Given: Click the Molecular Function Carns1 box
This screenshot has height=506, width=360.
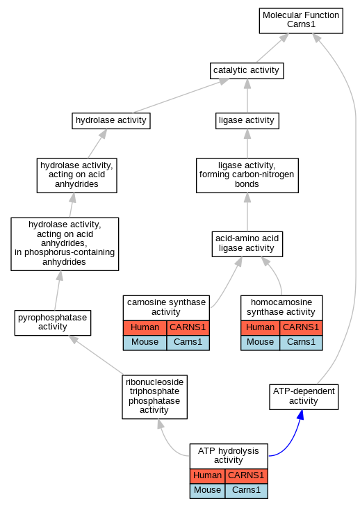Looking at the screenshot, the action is [x=301, y=21].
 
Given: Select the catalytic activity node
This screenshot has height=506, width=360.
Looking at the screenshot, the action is [x=247, y=71].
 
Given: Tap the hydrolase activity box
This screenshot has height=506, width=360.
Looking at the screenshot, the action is [x=111, y=121].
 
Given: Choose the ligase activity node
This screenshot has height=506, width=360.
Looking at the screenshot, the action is [x=247, y=121].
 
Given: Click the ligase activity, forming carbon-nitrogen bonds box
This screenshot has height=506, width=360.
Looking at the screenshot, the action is [x=247, y=176].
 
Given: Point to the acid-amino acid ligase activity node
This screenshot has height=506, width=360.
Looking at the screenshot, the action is [x=247, y=244].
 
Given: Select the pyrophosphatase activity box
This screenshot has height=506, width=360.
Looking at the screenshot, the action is [x=53, y=323].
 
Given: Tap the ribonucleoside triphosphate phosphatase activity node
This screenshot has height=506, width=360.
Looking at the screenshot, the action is [x=154, y=397].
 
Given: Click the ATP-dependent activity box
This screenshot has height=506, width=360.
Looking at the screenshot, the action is [x=304, y=397].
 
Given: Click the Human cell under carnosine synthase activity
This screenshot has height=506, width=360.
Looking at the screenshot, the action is [x=145, y=328].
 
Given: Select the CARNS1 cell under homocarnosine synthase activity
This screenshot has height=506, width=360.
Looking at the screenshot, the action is [x=301, y=328].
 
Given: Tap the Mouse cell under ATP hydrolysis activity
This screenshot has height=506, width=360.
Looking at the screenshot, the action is [x=207, y=491].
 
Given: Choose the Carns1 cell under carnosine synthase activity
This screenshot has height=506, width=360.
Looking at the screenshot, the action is [x=188, y=343].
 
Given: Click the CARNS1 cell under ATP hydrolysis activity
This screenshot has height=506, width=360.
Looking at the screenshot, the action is [x=246, y=476].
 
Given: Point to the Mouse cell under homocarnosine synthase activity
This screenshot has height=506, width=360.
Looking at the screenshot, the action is [x=261, y=343].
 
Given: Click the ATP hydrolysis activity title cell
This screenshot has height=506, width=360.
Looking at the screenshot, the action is [x=229, y=456].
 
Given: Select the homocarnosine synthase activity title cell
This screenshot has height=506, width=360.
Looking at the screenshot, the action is [x=281, y=308].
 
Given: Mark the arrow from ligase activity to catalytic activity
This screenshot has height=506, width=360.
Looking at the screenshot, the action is [x=247, y=96].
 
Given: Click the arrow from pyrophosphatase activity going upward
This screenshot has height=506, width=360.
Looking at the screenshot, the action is [x=58, y=291].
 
